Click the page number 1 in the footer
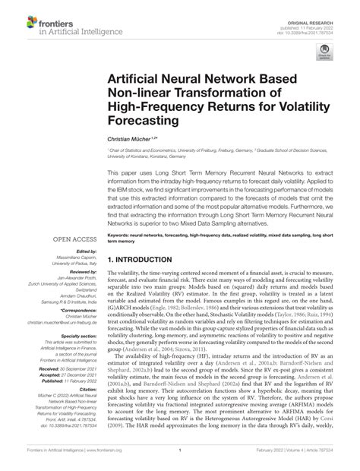point(180,461)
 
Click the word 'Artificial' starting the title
point(137,78)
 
